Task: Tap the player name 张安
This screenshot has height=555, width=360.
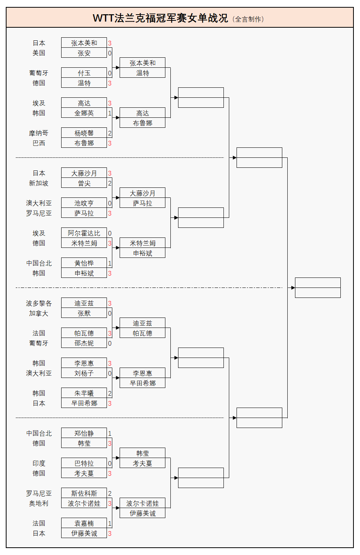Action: (x=84, y=53)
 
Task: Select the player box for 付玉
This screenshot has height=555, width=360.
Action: (x=84, y=73)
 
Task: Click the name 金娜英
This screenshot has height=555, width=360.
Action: (x=84, y=113)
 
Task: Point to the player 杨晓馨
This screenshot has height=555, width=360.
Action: (x=84, y=133)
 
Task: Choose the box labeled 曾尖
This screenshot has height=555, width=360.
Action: (x=84, y=183)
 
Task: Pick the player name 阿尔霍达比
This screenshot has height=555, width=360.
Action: (x=84, y=233)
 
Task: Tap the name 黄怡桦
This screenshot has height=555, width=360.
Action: (x=84, y=263)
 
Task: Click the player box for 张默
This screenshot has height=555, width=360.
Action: (x=84, y=313)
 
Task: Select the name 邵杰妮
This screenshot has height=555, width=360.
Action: (x=84, y=343)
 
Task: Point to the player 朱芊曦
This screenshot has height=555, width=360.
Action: (x=84, y=393)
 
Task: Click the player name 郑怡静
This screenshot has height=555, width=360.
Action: (x=84, y=433)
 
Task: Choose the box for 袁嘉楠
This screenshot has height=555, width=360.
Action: (x=84, y=523)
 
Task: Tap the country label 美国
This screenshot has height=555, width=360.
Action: (x=39, y=53)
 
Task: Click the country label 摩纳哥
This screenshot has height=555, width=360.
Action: (x=39, y=133)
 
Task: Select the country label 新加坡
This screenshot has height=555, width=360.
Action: (x=39, y=183)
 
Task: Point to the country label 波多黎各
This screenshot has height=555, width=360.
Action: (x=39, y=303)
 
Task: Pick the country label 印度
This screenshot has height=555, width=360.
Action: (x=39, y=463)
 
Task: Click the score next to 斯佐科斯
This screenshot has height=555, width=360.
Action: (x=110, y=493)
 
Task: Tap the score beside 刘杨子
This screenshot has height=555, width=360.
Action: (x=110, y=373)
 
